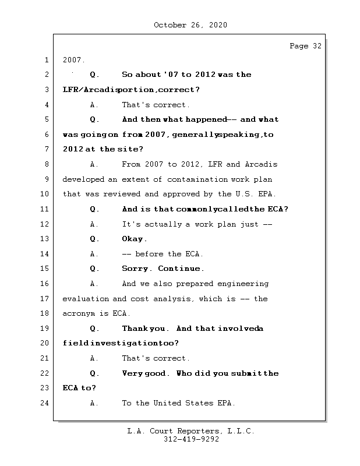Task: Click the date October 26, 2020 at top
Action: pos(190,25)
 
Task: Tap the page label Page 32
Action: pos(305,47)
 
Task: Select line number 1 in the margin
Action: pos(46,60)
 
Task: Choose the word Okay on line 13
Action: pos(134,239)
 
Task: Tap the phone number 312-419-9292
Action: pos(191,440)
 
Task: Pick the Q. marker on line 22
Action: pos(94,373)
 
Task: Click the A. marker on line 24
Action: pos(94,403)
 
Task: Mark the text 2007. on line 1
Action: pos(73,60)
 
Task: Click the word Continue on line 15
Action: pos(181,269)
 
